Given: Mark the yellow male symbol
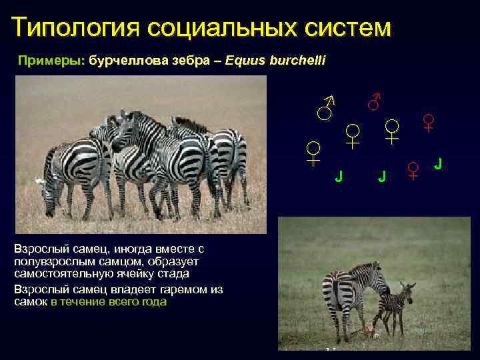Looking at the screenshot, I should [326, 107].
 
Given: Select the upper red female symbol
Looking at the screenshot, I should [429, 122].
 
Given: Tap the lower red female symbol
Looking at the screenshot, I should [413, 170].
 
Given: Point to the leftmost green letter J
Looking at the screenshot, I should [339, 176].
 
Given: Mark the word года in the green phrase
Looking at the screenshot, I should [154, 302].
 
